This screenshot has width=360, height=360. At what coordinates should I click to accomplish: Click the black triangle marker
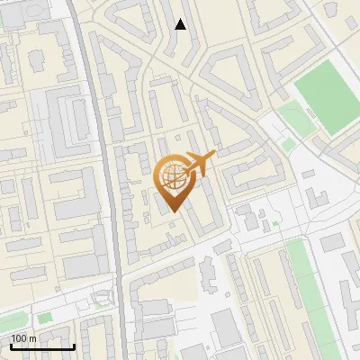tap(181, 24)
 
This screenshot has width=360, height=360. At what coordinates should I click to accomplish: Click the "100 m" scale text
tap(23, 338)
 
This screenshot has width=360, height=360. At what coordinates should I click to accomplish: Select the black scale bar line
tap(41, 346)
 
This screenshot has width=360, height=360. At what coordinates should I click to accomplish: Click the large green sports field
tap(326, 96)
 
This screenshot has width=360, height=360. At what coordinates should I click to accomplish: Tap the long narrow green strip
tap(301, 288)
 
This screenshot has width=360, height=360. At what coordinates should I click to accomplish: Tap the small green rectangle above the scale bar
tap(44, 318)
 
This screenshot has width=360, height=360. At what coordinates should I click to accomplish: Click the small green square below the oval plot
tap(289, 143)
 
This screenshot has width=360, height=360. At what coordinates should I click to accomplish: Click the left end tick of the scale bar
tap(10, 346)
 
